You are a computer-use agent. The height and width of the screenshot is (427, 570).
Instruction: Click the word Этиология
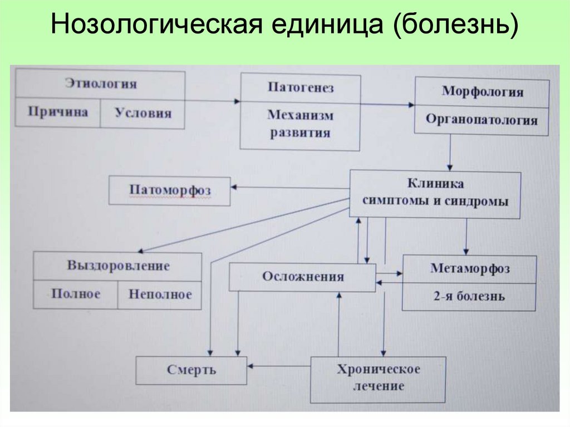click(101, 84)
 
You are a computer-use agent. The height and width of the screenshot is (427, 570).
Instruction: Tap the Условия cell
click(143, 113)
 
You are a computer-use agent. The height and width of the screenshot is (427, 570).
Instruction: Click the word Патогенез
click(301, 87)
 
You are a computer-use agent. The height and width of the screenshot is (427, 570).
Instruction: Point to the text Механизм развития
click(301, 124)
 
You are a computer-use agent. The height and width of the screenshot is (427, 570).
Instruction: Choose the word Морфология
click(482, 91)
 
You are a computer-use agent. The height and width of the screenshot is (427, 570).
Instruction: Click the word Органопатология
click(482, 120)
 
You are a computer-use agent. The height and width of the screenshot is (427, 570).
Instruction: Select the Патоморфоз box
click(170, 190)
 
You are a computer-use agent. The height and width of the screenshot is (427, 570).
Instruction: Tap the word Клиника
click(435, 183)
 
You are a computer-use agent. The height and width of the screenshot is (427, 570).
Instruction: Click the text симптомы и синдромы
click(435, 202)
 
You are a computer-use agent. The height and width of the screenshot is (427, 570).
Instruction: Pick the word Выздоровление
click(118, 266)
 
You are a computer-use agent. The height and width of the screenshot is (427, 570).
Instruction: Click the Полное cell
click(76, 294)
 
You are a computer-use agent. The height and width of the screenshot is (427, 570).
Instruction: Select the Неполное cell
click(160, 294)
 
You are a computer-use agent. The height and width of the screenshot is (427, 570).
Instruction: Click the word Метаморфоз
click(470, 268)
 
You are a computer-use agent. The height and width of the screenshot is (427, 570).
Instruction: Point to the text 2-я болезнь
click(470, 296)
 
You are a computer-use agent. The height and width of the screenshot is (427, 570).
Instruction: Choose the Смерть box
click(191, 370)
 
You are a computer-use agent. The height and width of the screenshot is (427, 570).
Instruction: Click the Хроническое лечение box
click(378, 377)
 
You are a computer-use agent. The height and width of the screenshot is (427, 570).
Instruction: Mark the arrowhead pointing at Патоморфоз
click(235, 188)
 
